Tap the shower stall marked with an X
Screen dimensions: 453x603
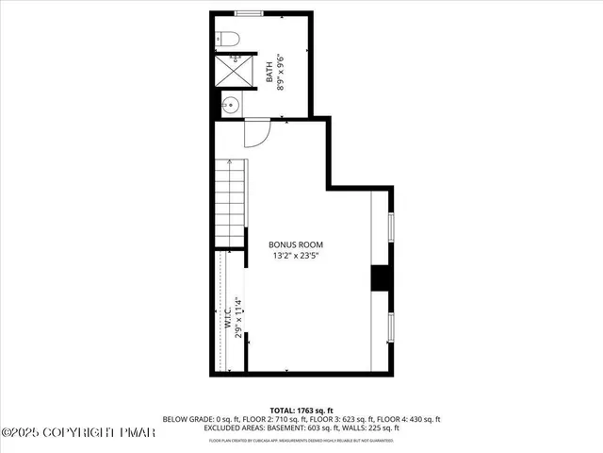point(231,71)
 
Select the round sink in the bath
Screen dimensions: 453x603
point(229,104)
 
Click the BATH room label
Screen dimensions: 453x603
point(269,73)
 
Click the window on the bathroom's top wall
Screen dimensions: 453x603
point(250,12)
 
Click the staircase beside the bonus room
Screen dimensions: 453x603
point(229,200)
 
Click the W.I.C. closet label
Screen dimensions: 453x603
point(228,317)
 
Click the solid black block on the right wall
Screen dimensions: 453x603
point(380,278)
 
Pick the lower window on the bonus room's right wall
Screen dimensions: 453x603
point(391,326)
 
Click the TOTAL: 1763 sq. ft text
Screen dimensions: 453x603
point(302,410)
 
